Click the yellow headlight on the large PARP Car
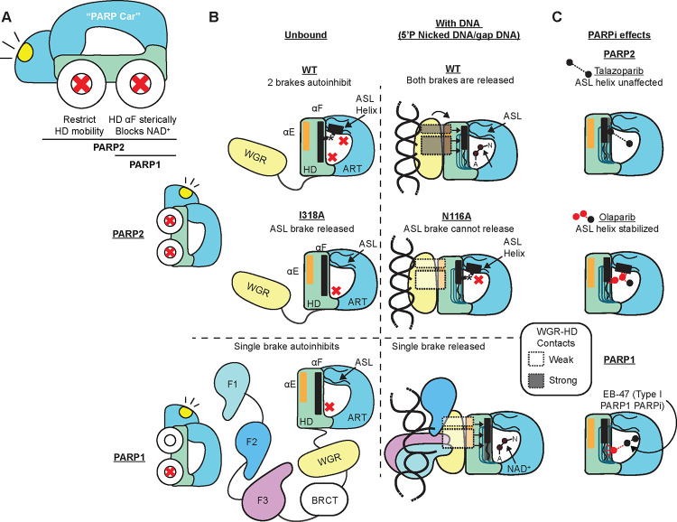(x=25, y=51)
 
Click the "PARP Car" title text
(x=113, y=17)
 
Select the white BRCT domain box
(x=324, y=500)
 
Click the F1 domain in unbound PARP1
(x=232, y=387)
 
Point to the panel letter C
(x=557, y=16)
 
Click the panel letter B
(x=214, y=17)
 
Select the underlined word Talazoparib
(x=618, y=70)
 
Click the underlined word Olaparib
(x=617, y=218)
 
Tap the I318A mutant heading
(x=311, y=215)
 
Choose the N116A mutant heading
(x=459, y=216)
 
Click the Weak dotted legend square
(x=536, y=359)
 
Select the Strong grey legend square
(x=536, y=380)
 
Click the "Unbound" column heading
(x=306, y=35)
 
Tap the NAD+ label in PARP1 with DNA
(x=518, y=469)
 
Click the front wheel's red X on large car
(x=82, y=83)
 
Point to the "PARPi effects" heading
(x=619, y=35)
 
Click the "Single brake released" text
(x=438, y=346)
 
